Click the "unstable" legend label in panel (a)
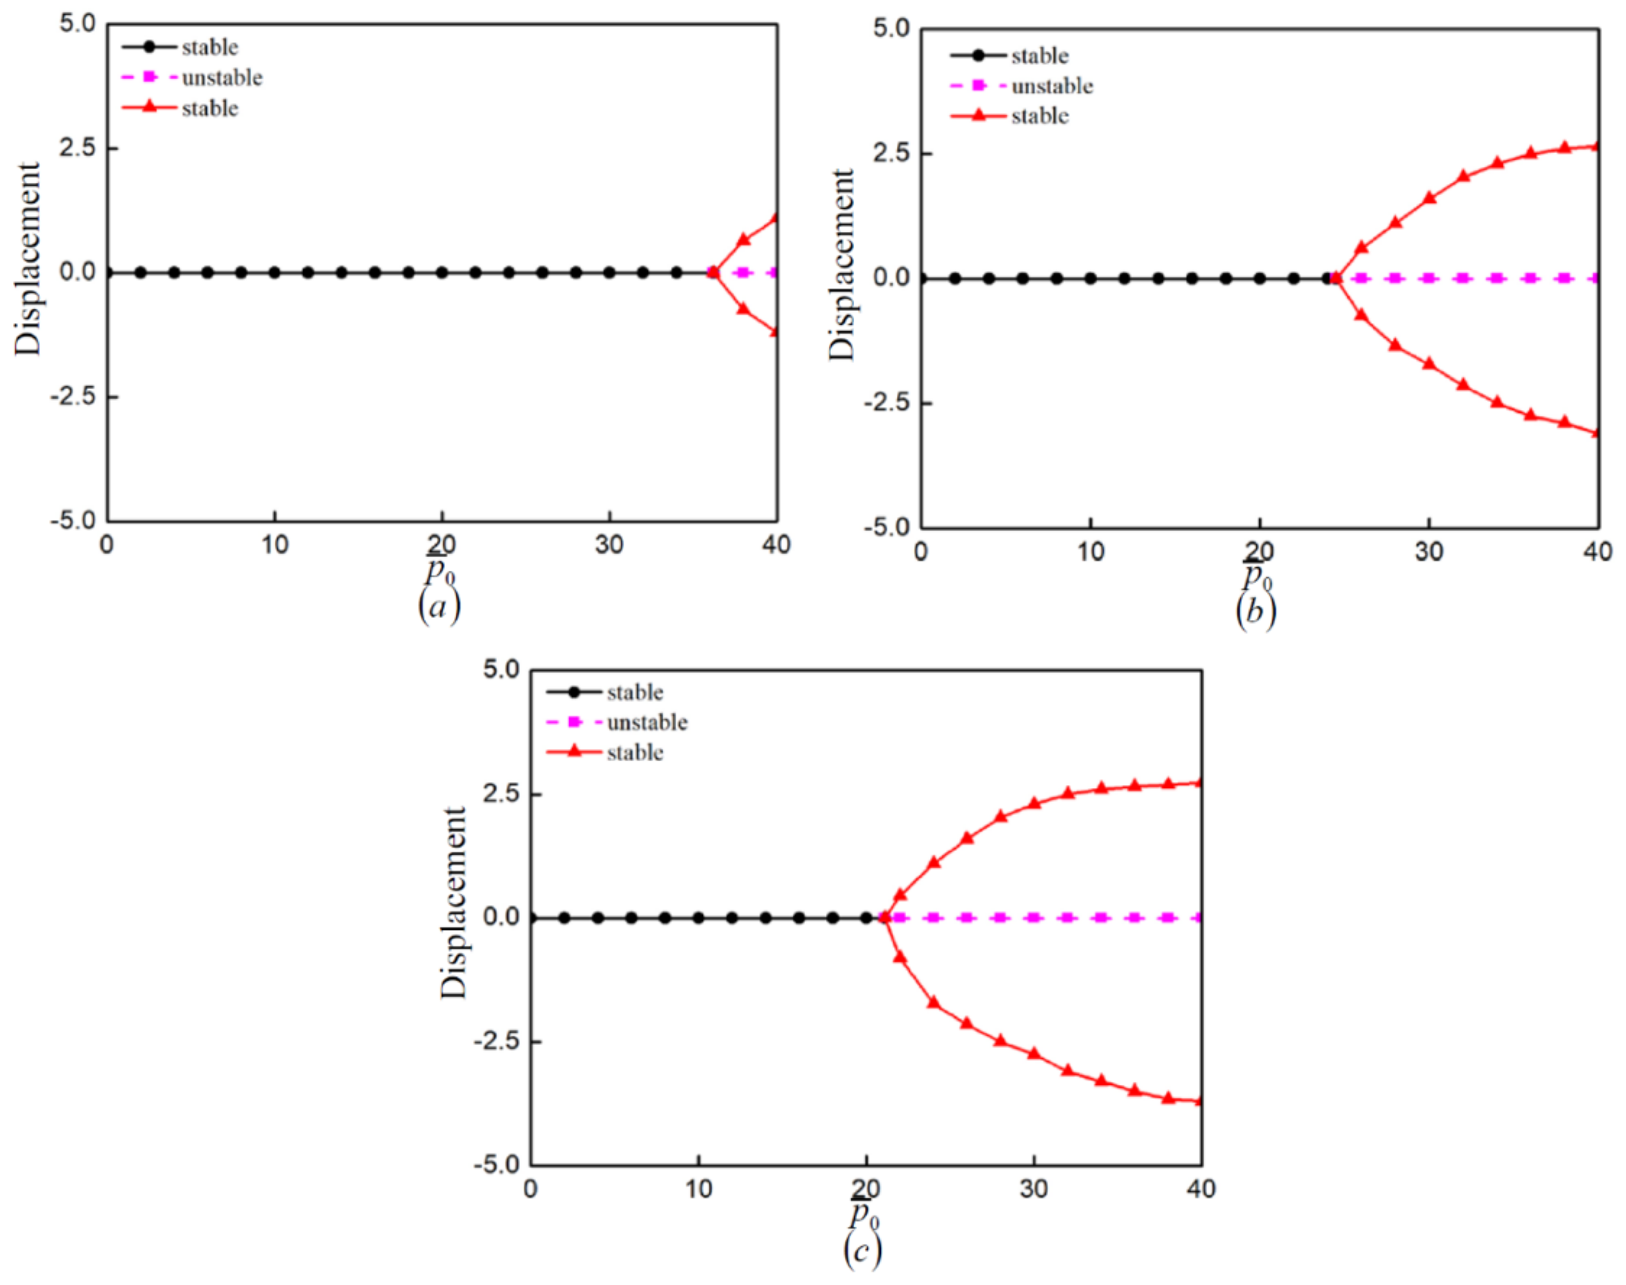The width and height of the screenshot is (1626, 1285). (222, 77)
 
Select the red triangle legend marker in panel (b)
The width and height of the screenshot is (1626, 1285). (978, 116)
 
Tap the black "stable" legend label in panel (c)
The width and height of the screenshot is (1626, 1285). (635, 692)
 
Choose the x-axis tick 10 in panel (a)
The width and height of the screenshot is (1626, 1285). (275, 545)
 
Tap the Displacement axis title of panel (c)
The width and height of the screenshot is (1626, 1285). (453, 903)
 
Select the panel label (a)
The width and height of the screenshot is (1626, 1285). (439, 606)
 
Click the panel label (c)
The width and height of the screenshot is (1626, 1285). (862, 1250)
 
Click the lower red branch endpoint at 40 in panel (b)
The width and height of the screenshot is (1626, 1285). (1597, 433)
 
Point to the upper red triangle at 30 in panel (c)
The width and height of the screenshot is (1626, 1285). (1033, 803)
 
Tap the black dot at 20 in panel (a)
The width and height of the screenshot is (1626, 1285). (442, 273)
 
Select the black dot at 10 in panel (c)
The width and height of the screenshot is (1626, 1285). (699, 918)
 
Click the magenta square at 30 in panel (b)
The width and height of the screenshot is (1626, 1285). (1429, 278)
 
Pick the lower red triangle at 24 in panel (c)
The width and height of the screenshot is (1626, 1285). (933, 1002)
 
